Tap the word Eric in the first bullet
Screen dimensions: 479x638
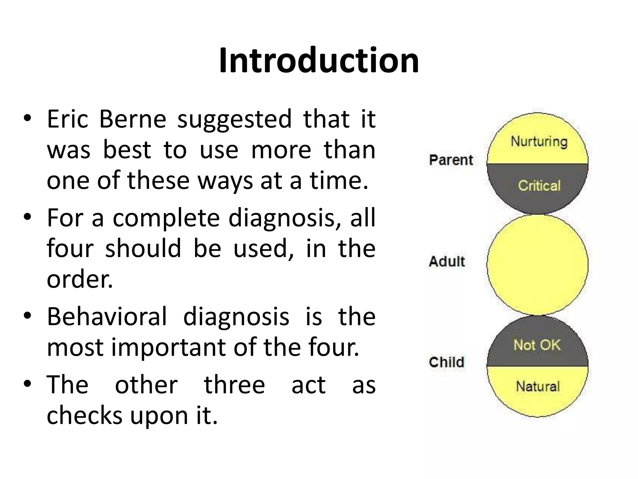68,119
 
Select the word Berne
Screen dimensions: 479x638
133,119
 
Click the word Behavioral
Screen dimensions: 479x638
107,317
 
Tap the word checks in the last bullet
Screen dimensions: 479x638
84,415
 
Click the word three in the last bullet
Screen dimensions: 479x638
234,385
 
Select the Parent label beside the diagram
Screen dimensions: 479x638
451,160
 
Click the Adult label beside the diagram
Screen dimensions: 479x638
447,261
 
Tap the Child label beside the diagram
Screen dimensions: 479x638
446,362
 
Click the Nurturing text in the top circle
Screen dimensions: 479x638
539,142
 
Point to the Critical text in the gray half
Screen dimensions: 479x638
539,186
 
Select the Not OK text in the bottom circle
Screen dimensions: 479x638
537,345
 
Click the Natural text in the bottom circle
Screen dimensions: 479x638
538,387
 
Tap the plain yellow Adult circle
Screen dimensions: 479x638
537,265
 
